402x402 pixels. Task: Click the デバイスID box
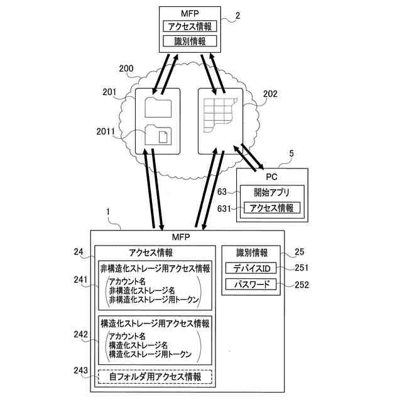[251, 268]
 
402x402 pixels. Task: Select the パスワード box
[251, 285]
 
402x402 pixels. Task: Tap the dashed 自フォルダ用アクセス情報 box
[155, 377]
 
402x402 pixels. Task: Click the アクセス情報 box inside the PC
[272, 208]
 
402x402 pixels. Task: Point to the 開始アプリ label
[271, 192]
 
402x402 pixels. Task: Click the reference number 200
[126, 68]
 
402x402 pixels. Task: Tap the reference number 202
[270, 95]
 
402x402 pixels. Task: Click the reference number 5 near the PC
[290, 153]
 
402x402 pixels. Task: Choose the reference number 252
[302, 285]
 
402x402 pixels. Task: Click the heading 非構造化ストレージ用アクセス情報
[155, 268]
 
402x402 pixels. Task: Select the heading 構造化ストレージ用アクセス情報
[155, 323]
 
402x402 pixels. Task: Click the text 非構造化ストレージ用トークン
[153, 300]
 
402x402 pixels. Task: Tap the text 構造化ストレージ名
[139, 345]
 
